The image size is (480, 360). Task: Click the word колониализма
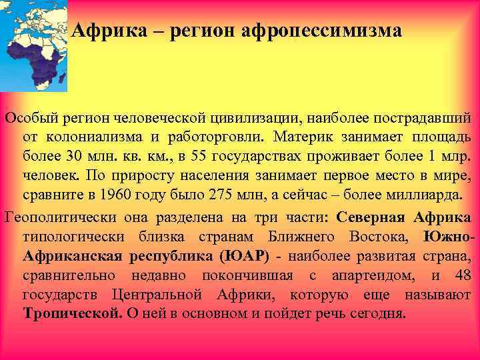pos(94,137)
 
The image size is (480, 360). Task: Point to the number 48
pos(462,275)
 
